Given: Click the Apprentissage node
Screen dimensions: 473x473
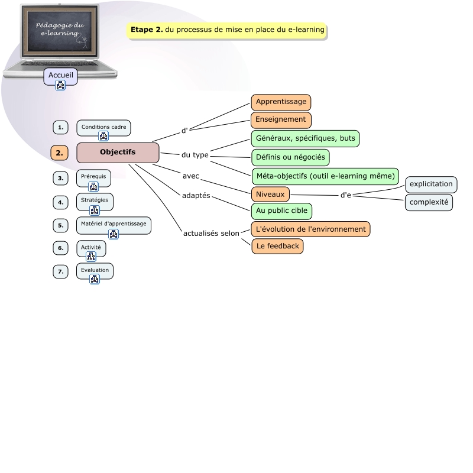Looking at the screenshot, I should point(281,102).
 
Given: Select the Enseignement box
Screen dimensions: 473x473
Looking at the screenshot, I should point(281,119).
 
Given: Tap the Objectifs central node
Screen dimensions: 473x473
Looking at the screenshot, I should point(118,153).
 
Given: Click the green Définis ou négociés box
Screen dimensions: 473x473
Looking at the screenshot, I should point(290,157).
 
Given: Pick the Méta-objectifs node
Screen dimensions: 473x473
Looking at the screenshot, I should point(325,176).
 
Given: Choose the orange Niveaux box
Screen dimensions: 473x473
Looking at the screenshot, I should point(270,194).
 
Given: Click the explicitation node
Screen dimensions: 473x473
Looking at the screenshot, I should point(431,184).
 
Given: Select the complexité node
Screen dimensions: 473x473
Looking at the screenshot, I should point(429,202).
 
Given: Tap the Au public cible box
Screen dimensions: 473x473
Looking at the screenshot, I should point(281,210).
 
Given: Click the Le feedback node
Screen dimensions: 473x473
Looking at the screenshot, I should point(277,246).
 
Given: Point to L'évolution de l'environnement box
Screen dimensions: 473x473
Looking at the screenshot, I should point(311,229).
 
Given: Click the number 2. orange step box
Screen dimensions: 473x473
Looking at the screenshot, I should point(59,153).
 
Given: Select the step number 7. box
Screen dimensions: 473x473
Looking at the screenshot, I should point(60,272).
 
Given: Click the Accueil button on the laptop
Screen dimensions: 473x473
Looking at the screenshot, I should point(60,76).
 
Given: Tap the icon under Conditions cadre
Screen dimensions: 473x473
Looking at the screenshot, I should point(103,137).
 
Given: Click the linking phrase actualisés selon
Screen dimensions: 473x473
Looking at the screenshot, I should point(211,234).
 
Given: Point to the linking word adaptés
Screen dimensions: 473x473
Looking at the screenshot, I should point(196,196).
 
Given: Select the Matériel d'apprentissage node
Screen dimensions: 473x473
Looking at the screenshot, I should point(114,224).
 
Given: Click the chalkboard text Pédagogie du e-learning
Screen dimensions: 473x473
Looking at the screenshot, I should point(60,30).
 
